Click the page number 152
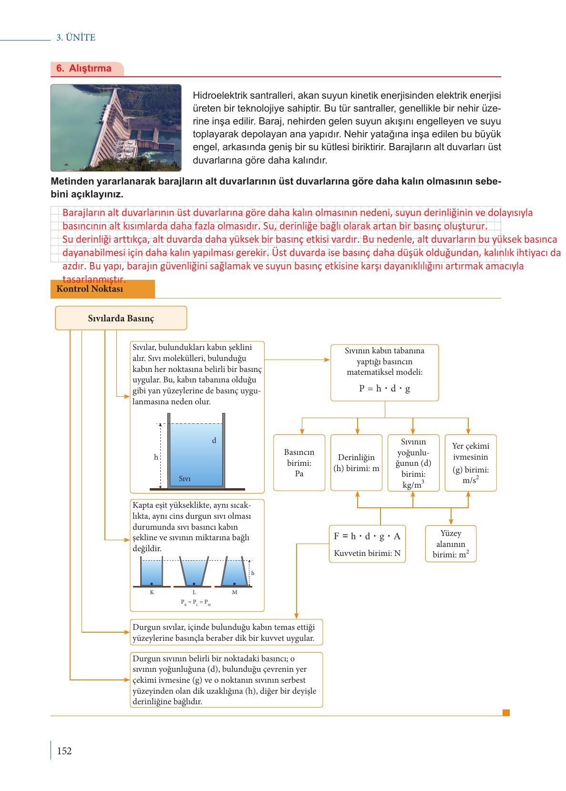pos(64,751)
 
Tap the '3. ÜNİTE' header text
pos(76,38)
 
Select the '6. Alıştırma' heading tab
pos(84,68)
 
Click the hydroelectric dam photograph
pos(116,128)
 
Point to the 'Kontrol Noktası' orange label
pos(90,288)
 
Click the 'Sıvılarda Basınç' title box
pos(121,318)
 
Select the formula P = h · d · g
pos(384,389)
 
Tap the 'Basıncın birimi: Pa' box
pos(299,462)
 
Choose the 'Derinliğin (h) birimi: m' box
pos(356,462)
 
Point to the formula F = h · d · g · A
pos(367,536)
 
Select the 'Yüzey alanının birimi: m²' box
pos(451,544)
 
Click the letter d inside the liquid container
pos(214,441)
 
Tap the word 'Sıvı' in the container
pos(185,479)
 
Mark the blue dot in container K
pos(152,584)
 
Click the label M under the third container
pos(235,592)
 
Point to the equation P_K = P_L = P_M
pos(196,602)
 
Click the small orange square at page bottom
pos(506,713)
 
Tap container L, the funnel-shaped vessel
pos(194,572)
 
